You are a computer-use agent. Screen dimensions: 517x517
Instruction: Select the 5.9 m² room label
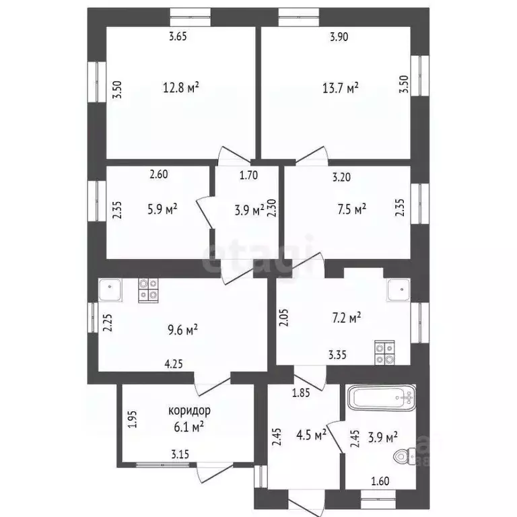(x=161, y=209)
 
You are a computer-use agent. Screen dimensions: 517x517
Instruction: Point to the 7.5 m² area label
(x=350, y=209)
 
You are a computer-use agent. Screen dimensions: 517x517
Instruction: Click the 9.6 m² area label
(x=181, y=330)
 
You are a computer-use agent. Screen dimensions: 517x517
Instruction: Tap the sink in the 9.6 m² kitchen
(x=110, y=291)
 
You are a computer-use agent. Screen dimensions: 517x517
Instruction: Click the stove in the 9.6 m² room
(x=149, y=289)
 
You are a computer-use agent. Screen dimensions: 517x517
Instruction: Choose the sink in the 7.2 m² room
(x=398, y=290)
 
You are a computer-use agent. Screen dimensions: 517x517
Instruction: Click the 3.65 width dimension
(x=177, y=37)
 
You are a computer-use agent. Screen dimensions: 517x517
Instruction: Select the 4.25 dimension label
(x=174, y=364)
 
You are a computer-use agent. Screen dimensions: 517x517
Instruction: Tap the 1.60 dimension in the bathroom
(x=381, y=481)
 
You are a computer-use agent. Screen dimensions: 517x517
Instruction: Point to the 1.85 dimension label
(x=300, y=392)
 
